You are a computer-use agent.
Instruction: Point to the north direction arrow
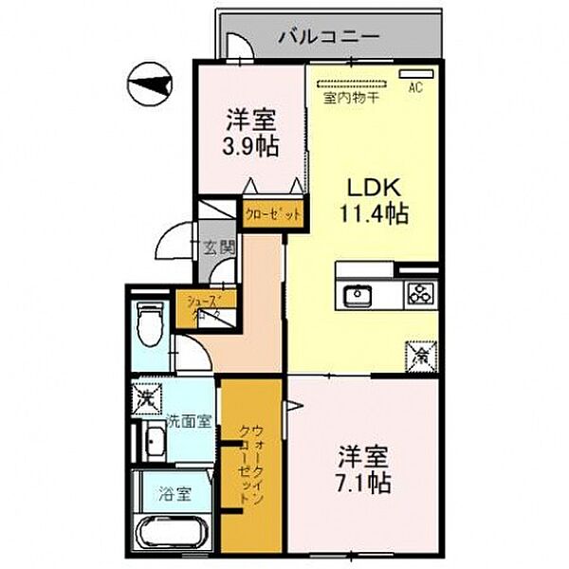point(150,88)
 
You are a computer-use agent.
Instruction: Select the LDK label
point(373,187)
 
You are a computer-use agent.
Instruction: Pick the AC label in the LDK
point(413,88)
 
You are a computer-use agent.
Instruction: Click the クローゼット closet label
point(272,215)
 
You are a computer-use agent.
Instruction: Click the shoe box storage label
point(197,306)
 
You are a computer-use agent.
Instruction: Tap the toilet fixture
point(150,324)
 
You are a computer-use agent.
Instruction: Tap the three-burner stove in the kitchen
point(419,294)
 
